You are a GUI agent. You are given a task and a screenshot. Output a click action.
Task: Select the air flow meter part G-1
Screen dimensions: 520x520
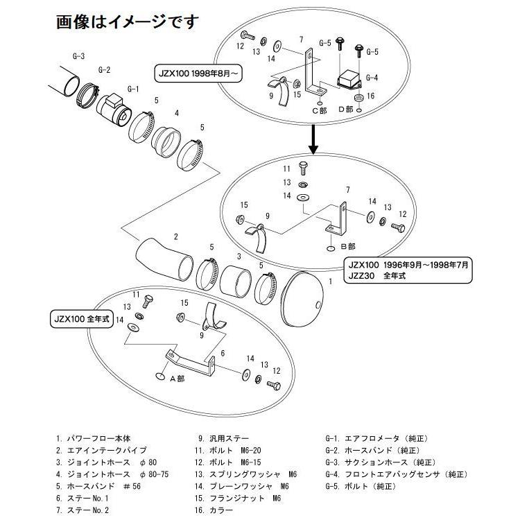click(x=113, y=110)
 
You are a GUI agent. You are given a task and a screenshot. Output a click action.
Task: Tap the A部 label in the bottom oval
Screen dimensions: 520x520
click(x=176, y=379)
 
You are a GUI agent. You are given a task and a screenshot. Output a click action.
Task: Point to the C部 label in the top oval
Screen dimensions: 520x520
click(x=320, y=110)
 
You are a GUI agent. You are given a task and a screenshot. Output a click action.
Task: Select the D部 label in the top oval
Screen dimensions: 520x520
click(x=345, y=110)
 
